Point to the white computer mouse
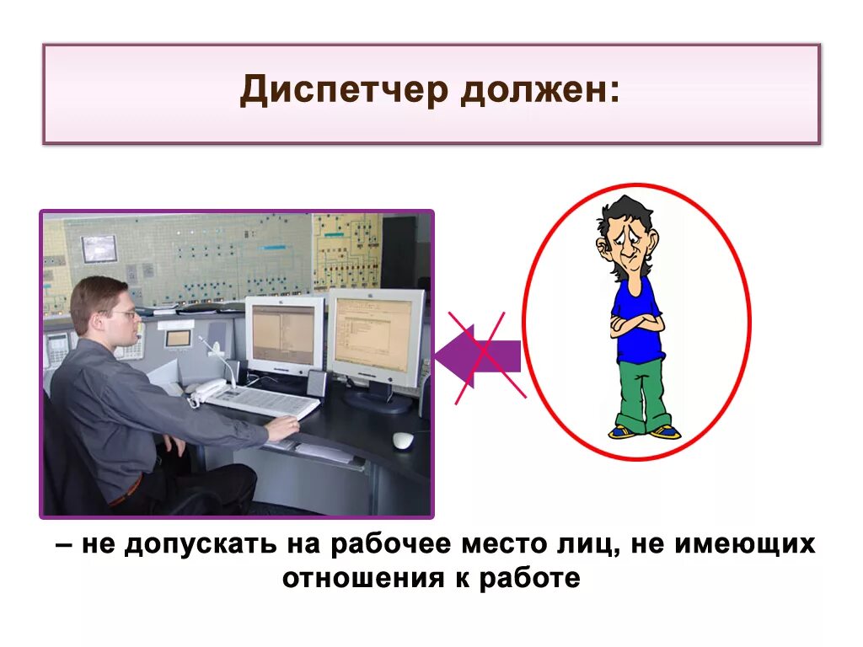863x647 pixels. click(x=404, y=440)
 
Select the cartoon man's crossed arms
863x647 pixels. click(x=636, y=323)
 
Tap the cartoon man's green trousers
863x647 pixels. click(x=641, y=392)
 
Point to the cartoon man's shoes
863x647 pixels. click(x=644, y=432)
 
